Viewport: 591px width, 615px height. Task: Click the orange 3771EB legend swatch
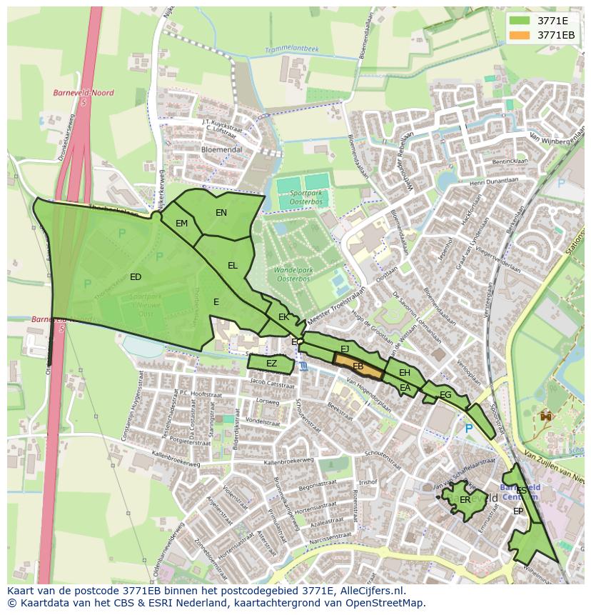point(521,35)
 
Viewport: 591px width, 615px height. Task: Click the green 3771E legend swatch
point(521,20)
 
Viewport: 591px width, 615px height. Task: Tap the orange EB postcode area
point(358,366)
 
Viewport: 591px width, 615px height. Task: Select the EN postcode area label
point(221,213)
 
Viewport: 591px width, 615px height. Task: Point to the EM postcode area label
point(181,224)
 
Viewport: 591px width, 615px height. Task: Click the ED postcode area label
point(136,277)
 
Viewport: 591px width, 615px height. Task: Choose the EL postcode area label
point(233,266)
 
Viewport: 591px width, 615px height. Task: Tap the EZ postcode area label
point(271,364)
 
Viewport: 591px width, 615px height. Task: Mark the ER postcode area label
point(465,500)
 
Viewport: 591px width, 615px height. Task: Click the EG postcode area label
point(445,395)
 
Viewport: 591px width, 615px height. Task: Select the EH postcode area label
point(405,373)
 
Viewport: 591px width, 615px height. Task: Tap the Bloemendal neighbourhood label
point(221,150)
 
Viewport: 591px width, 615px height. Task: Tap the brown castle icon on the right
point(547,415)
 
